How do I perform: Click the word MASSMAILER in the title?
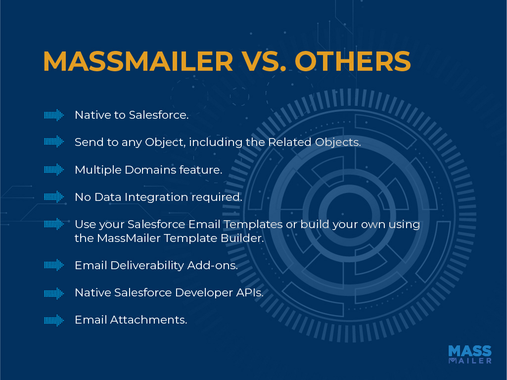138,61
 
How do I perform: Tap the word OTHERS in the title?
353,61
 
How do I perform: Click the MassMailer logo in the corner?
470,354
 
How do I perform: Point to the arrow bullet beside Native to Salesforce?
54,115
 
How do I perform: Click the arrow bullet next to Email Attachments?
54,320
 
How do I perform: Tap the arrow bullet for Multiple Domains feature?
54,169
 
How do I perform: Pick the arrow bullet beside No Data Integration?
54,196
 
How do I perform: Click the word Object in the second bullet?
165,142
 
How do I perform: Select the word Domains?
150,170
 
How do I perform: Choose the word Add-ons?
212,265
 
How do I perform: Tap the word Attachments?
148,320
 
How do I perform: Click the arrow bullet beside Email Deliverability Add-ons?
54,265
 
